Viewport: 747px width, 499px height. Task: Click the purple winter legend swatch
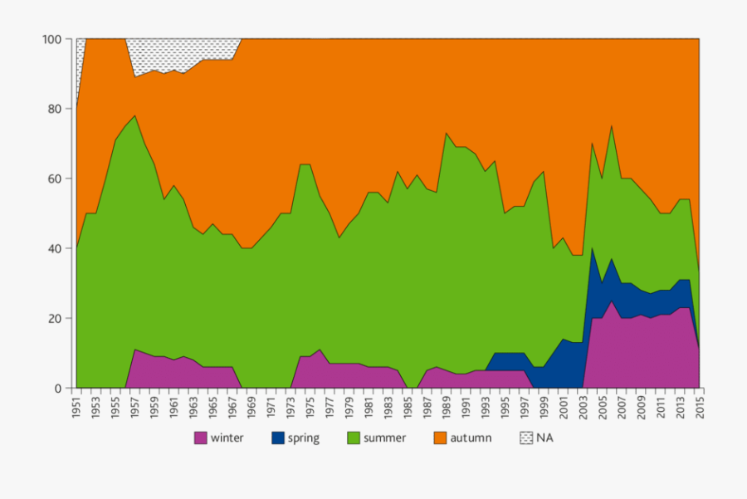coord(201,438)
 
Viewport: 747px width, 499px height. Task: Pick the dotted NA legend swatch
coord(526,438)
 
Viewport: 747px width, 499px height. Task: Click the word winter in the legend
coord(227,438)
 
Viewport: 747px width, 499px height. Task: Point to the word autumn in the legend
coord(471,438)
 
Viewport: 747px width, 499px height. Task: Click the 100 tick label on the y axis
coord(52,39)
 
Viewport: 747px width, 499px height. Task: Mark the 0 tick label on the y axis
coord(58,388)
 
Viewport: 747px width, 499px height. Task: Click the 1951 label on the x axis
coord(76,407)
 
